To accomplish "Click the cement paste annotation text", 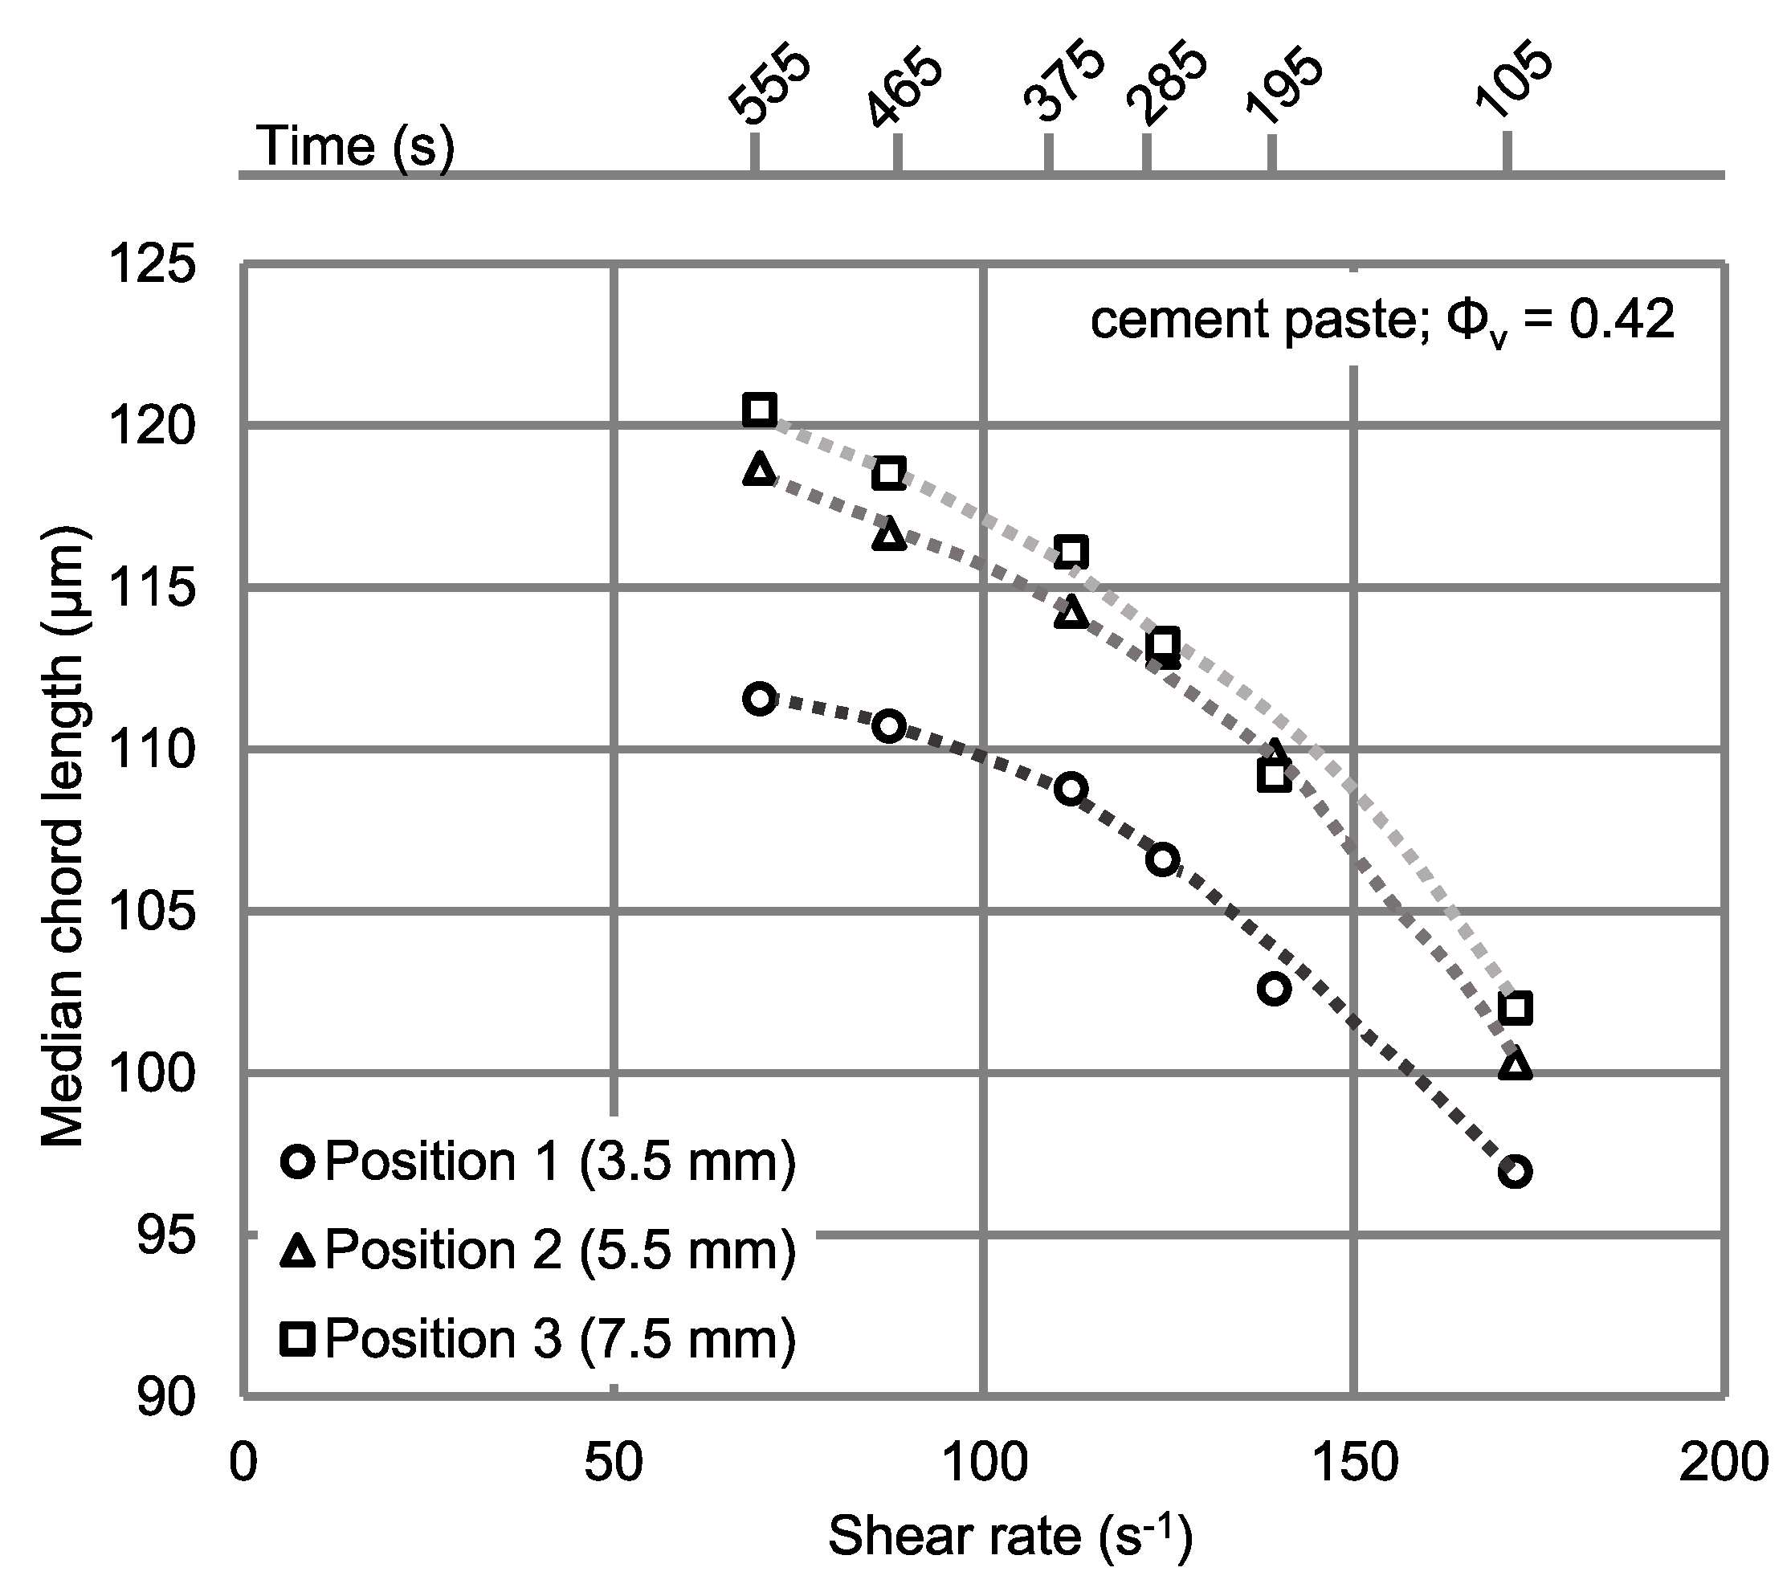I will point(1382,320).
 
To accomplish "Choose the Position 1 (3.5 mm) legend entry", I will point(538,1164).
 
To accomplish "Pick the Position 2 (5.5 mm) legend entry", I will point(538,1251).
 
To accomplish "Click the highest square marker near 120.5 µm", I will point(759,410).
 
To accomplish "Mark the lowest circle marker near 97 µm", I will point(1515,1172).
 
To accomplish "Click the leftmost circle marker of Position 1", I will point(759,699).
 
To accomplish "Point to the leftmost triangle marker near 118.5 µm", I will point(759,470).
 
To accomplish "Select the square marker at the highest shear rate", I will point(1515,1008).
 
